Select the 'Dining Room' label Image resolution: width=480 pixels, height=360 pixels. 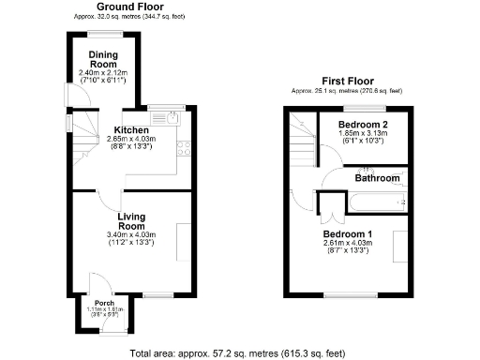click(x=103, y=58)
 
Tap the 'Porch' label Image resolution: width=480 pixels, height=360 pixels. click(x=104, y=303)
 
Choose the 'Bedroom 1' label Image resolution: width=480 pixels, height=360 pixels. click(x=348, y=232)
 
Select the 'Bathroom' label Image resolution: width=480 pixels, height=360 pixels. click(x=378, y=176)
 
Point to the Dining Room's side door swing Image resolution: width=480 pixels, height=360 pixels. click(x=67, y=94)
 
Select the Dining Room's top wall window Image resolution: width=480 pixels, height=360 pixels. click(x=103, y=34)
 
